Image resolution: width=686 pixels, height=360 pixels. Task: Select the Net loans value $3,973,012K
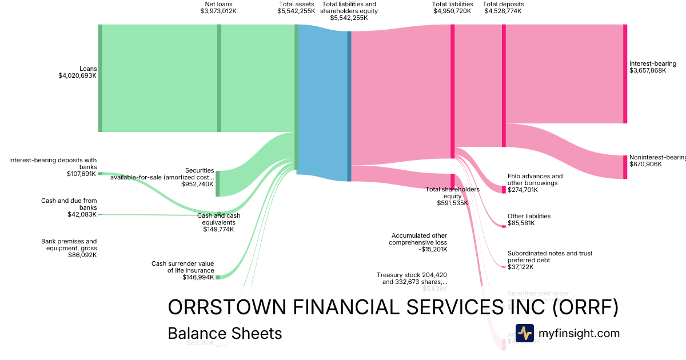[x=218, y=11]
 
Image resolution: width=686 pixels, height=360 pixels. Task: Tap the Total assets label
[x=296, y=4]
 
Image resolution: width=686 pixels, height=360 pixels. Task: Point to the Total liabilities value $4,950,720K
[x=452, y=11]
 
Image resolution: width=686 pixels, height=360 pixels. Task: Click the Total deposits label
[x=503, y=4]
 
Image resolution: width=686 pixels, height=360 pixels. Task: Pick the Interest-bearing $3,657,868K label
[x=652, y=67]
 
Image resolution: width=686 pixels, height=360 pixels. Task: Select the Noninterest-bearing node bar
[x=625, y=167]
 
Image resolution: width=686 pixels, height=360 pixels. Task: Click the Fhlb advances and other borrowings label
[x=535, y=179]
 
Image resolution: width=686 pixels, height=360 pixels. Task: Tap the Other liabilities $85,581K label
[x=529, y=219]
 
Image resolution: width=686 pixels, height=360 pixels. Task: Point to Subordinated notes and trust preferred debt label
[x=549, y=256]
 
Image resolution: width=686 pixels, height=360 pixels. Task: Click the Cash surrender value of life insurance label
[x=182, y=267]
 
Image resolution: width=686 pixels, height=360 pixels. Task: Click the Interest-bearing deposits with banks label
[x=53, y=163]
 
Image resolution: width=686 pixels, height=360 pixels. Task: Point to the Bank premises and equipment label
[x=69, y=245]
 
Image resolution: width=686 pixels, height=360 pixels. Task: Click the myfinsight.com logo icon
[x=524, y=333]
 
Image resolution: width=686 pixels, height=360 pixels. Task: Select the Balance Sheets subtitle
[x=225, y=333]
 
